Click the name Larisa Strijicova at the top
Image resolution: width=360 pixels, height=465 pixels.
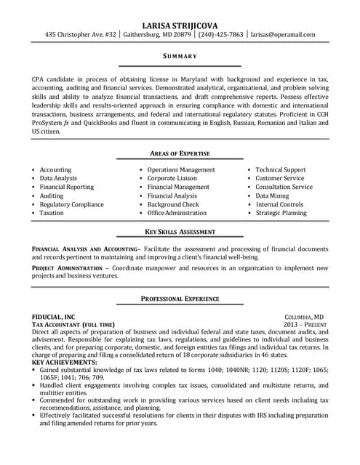tap(180, 24)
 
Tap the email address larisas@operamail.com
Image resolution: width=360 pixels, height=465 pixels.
tap(283, 34)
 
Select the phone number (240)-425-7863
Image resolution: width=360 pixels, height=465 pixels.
tap(220, 34)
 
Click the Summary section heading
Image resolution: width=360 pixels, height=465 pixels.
tap(179, 55)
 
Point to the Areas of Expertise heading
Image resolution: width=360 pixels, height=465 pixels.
tap(180, 153)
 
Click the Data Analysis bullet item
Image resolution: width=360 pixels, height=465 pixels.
tap(58, 178)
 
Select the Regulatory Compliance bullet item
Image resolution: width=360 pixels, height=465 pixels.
tap(72, 204)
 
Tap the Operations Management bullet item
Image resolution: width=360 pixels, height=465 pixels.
tap(181, 169)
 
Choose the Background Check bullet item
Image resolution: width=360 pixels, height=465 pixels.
tap(172, 204)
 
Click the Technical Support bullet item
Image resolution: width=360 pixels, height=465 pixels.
tap(281, 169)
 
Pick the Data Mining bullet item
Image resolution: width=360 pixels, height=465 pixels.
tap(272, 195)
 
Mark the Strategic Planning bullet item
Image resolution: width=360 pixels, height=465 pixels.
tap(281, 213)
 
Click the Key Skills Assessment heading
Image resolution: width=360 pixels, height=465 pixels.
tap(180, 232)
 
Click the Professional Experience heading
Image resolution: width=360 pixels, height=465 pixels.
tap(180, 299)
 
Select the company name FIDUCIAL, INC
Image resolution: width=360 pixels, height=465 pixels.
tap(53, 317)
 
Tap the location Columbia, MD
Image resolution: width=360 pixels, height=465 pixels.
tap(304, 317)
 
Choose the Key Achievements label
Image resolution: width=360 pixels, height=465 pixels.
tap(65, 361)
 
